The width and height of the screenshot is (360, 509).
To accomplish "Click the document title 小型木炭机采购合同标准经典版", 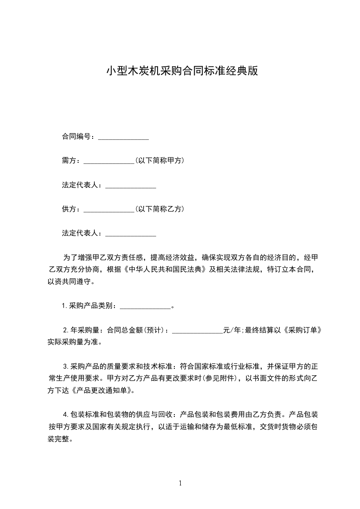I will click(182, 71).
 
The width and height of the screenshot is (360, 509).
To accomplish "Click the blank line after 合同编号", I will click(123, 137).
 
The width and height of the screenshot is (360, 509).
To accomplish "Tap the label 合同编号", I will click(78, 137).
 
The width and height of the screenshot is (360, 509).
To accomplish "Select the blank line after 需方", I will click(109, 161).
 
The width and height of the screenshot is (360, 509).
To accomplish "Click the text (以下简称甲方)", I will click(159, 161).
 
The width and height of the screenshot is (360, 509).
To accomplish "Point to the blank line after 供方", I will click(109, 209).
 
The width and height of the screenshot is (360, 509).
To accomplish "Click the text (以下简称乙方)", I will click(159, 209).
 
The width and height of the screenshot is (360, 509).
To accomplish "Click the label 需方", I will click(70, 161).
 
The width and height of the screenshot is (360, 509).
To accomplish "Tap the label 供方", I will click(70, 209).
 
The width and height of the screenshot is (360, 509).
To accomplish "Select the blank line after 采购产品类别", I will click(145, 306).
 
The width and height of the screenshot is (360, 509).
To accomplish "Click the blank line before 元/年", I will click(198, 330).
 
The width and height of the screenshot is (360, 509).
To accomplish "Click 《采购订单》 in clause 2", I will click(305, 330).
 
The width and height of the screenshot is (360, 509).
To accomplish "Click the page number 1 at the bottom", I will click(180, 483).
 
